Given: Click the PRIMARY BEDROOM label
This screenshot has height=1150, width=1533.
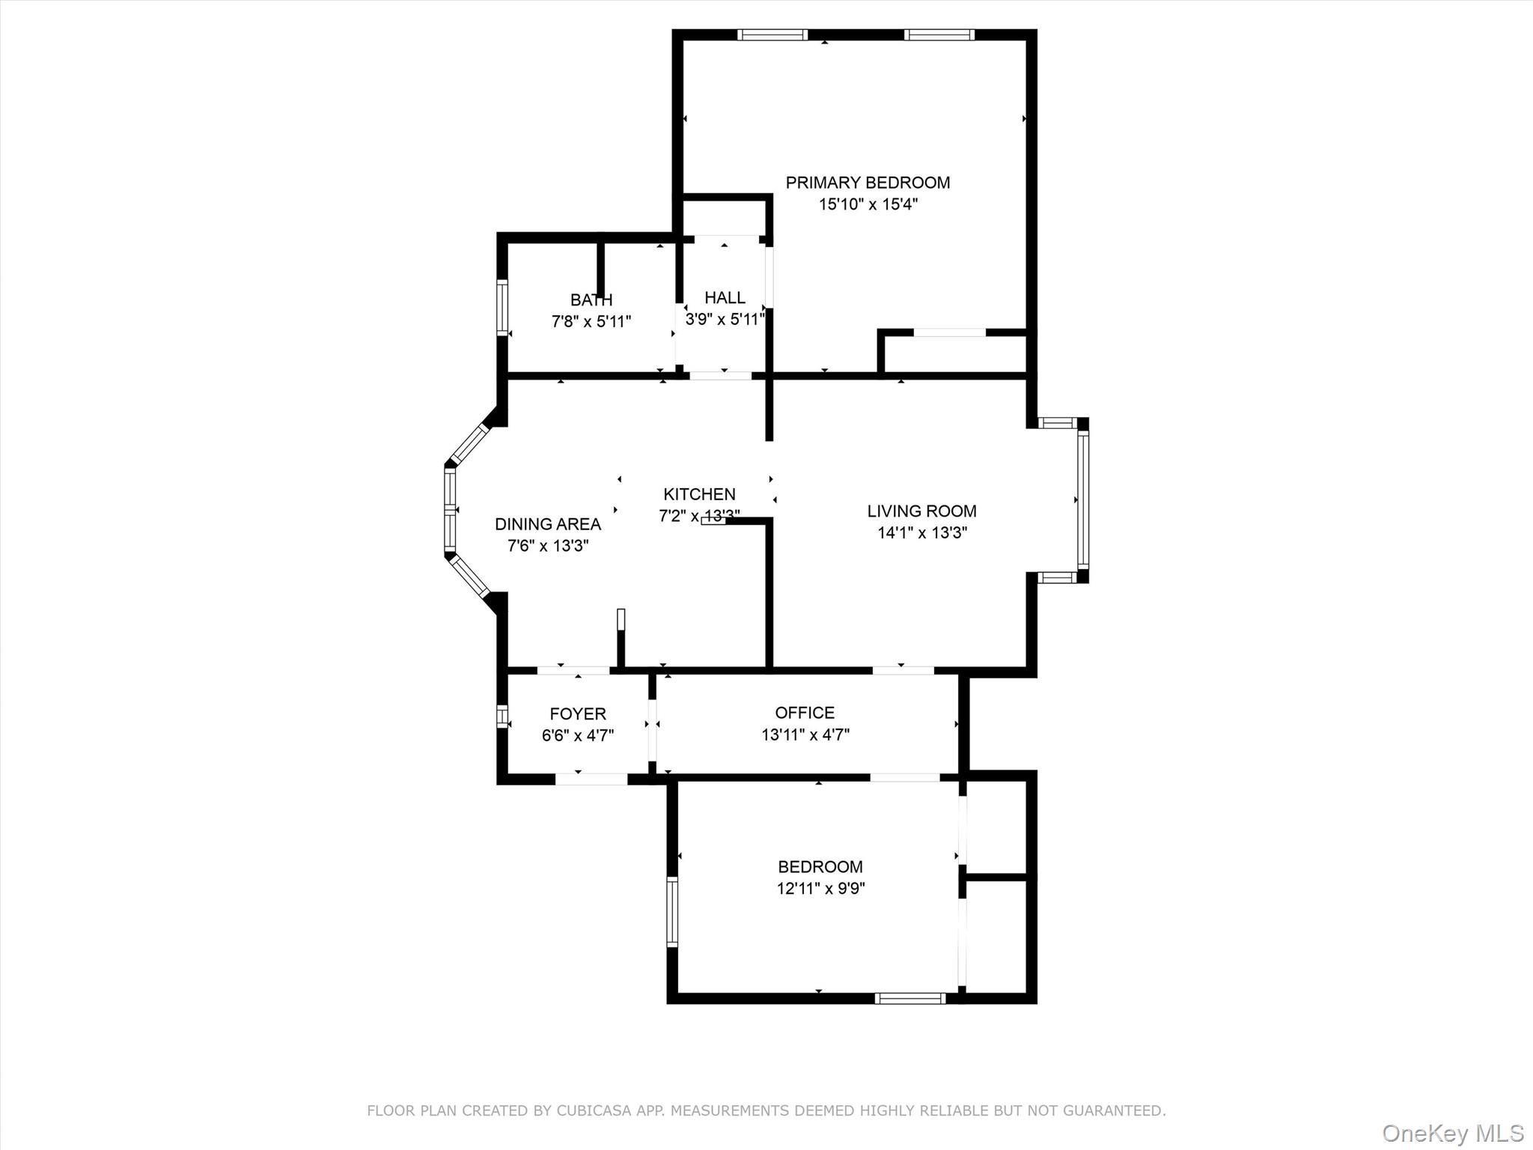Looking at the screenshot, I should pyautogui.click(x=868, y=183).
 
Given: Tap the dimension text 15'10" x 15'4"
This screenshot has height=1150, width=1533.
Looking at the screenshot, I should pyautogui.click(x=868, y=204).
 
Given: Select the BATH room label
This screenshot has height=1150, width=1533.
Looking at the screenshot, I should pyautogui.click(x=591, y=300).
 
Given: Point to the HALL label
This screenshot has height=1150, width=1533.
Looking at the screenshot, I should pyautogui.click(x=725, y=298).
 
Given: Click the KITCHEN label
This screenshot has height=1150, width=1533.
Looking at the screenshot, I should pyautogui.click(x=699, y=494).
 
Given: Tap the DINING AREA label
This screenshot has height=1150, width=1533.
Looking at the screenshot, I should pyautogui.click(x=548, y=524).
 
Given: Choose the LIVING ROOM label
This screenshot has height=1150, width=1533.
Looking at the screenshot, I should pyautogui.click(x=921, y=511).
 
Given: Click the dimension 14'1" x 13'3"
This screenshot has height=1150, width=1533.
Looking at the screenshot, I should pyautogui.click(x=921, y=533).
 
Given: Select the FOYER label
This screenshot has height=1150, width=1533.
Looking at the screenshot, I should pyautogui.click(x=578, y=714).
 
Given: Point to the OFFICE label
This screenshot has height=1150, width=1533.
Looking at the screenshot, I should pyautogui.click(x=805, y=713).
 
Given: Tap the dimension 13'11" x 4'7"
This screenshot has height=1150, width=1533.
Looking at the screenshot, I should pyautogui.click(x=805, y=735).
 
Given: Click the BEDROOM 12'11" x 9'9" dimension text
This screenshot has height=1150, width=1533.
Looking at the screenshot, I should pyautogui.click(x=820, y=889).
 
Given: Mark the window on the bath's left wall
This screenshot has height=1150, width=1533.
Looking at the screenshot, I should pyautogui.click(x=502, y=307).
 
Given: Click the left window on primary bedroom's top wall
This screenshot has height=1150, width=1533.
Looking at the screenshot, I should pyautogui.click(x=772, y=34).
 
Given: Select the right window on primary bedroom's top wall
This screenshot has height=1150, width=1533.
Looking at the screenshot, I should pyautogui.click(x=939, y=34).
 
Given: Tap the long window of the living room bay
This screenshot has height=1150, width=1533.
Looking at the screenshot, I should pyautogui.click(x=1083, y=500).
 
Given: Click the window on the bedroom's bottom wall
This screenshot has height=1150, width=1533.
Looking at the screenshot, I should pyautogui.click(x=910, y=998).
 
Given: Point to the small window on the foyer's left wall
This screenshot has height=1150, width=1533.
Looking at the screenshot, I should pyautogui.click(x=502, y=715).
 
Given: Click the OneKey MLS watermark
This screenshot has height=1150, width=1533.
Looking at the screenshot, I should pyautogui.click(x=1452, y=1133).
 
